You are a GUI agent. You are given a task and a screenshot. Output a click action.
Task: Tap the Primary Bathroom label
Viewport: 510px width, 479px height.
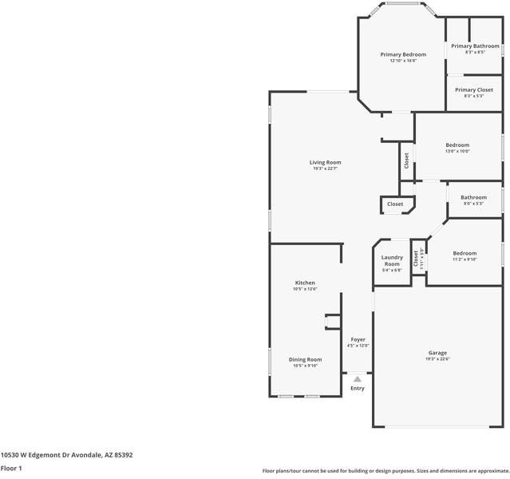click(475, 46)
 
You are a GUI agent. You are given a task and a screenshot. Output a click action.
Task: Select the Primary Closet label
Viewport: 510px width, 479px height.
click(474, 90)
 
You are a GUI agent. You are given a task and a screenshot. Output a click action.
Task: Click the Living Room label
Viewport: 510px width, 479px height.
click(326, 162)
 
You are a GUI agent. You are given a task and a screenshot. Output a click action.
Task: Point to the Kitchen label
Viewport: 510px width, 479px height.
click(305, 283)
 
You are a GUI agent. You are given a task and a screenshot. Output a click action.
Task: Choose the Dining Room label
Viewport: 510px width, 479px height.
click(305, 359)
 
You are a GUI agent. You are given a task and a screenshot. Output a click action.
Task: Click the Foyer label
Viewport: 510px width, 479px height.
click(358, 339)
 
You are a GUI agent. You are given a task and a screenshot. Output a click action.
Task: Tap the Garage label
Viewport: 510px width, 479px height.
click(437, 353)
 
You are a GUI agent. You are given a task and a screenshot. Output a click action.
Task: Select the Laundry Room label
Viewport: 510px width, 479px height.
click(392, 260)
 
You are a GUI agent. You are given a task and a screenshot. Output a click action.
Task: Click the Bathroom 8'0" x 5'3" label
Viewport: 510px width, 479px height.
click(473, 197)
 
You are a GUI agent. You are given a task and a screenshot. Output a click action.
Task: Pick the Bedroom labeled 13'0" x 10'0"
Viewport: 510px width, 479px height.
click(457, 144)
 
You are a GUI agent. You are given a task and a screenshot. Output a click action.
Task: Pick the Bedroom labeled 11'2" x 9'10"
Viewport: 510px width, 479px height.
click(465, 253)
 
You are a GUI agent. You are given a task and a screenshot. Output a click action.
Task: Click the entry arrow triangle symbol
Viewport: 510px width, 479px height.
click(358, 379)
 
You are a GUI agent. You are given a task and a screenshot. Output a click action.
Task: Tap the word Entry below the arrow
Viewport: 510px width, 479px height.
click(358, 389)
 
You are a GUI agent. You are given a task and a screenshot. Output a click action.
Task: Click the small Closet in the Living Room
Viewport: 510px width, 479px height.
click(395, 204)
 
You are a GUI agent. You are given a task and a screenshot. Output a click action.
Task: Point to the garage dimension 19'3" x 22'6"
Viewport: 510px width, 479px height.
click(437, 359)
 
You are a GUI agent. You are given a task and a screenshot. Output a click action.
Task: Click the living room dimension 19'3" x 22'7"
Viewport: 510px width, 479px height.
click(326, 168)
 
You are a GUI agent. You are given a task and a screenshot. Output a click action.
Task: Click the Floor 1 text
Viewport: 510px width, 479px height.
click(11, 469)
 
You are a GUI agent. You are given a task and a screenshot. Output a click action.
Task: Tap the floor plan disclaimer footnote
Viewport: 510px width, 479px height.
click(385, 471)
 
